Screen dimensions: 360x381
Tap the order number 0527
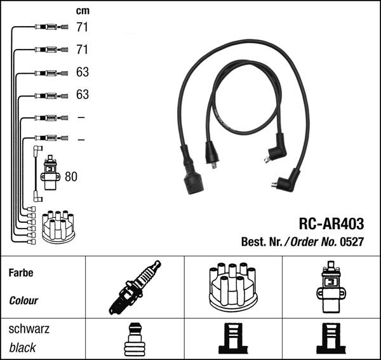tap(353, 242)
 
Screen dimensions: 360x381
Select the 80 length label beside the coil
tap(71, 177)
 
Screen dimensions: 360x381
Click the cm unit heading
tap(83, 11)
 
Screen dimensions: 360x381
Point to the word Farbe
tap(21, 273)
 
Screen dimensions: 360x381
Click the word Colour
tap(23, 300)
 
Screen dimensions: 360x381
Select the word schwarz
tap(29, 329)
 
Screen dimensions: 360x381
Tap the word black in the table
tap(23, 347)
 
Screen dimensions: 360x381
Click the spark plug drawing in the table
tap(135, 287)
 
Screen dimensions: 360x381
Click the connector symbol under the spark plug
tap(135, 339)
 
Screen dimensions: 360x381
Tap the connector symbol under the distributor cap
tap(233, 339)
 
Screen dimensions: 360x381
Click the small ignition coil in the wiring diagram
tap(50, 173)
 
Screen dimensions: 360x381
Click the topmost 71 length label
tap(82, 27)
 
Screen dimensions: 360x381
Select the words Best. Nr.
tap(262, 242)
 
